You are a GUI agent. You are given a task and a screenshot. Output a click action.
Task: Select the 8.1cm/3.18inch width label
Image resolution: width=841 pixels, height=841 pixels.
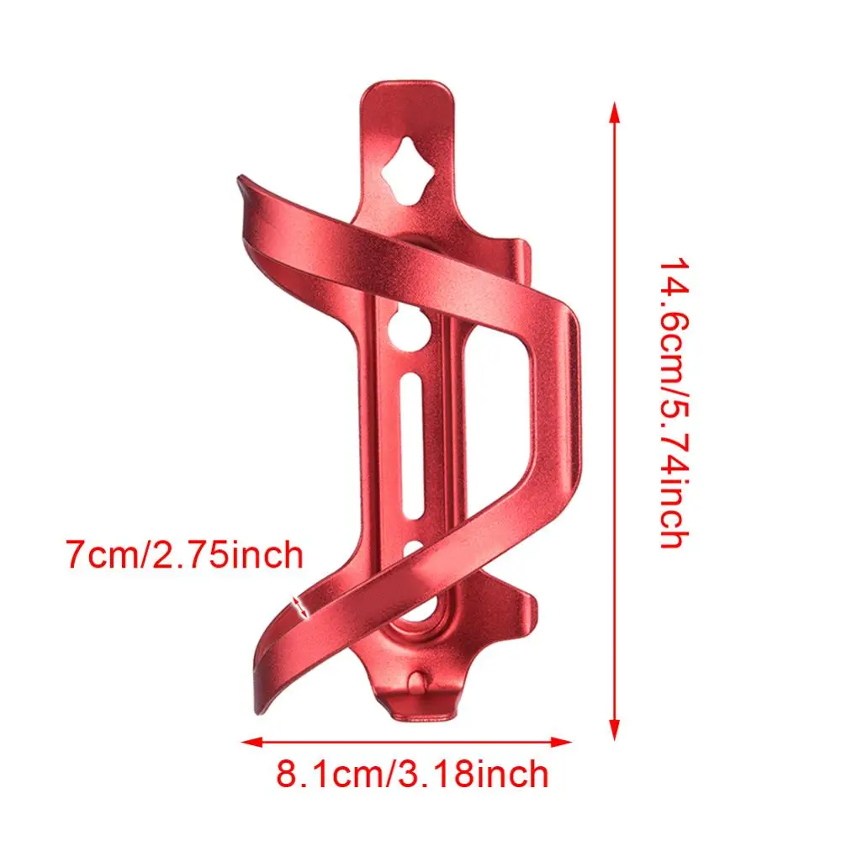coord(412,773)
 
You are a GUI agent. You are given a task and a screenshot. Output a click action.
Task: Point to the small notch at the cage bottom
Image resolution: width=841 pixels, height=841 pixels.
coord(418,678)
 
